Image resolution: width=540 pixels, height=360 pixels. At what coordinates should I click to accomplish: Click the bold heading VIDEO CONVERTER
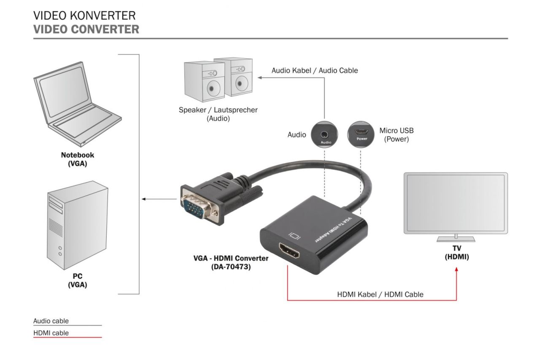coord(86,30)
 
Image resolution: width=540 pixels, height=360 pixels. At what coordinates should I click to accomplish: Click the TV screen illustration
coord(456,203)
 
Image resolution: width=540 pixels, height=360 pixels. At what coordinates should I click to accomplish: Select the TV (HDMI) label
coord(456,253)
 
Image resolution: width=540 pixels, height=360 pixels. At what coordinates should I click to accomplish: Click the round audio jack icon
coord(324,135)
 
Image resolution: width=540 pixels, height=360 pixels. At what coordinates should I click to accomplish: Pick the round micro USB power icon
coord(361,135)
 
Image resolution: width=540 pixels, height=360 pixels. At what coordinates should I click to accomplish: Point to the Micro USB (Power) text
coord(396,135)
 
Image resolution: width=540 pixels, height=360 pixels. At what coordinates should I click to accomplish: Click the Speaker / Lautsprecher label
coord(218,114)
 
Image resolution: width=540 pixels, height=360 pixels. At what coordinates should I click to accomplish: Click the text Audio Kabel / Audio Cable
coord(315,70)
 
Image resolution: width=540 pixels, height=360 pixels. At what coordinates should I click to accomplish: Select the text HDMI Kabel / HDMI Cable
coord(380,294)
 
